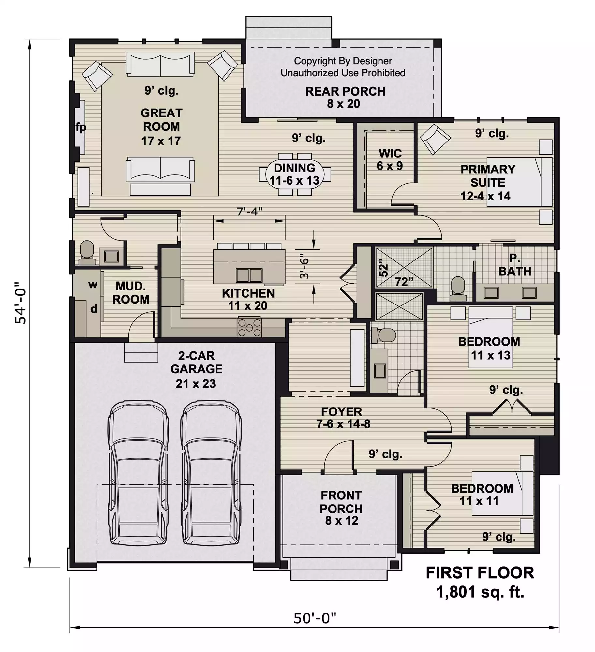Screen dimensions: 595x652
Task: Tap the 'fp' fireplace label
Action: [81, 127]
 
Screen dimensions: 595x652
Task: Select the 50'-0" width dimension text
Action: [315, 618]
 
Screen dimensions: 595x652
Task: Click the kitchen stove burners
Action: [249, 328]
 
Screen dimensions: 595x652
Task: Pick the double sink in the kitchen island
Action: [249, 275]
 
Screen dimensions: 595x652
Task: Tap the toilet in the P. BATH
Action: [458, 289]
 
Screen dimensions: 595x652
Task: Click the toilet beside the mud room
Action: [87, 253]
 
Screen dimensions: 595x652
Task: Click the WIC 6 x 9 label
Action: [390, 159]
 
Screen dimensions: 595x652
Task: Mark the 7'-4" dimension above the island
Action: [249, 212]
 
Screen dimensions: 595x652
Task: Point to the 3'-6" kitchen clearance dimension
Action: [304, 266]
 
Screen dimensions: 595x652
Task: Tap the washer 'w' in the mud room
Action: [93, 285]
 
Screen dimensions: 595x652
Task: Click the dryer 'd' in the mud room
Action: [94, 308]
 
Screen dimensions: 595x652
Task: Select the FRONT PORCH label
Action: [341, 502]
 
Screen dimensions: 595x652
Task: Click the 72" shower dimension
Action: [404, 282]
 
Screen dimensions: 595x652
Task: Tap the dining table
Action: [295, 174]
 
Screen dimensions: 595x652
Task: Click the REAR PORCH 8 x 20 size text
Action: [344, 104]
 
